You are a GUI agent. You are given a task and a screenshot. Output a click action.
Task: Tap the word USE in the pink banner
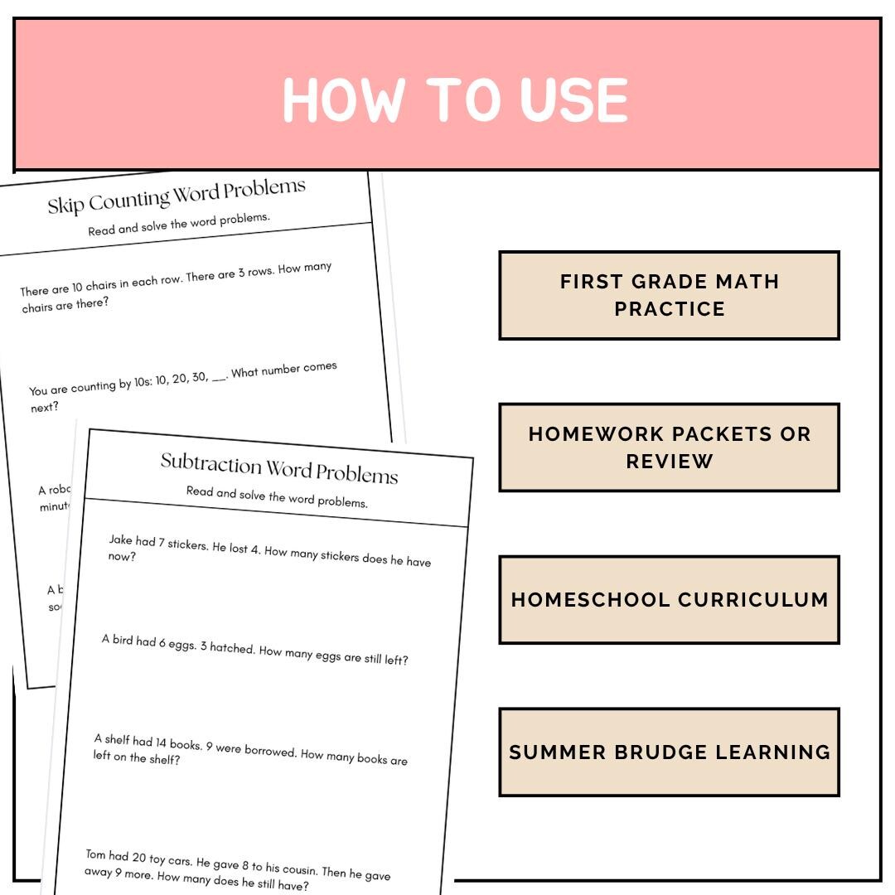coord(573,101)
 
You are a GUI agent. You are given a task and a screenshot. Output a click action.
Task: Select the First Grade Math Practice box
coord(669,295)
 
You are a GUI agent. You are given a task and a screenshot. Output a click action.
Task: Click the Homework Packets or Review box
coord(669,447)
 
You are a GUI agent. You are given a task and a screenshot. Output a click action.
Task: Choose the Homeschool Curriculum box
coord(669,600)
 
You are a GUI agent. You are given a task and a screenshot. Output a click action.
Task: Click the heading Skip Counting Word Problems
coord(177,197)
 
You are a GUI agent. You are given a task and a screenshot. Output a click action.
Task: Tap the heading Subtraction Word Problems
coord(279,468)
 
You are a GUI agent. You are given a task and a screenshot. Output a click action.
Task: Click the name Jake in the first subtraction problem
coord(121,540)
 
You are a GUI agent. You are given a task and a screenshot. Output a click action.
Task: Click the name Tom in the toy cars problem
coord(97,854)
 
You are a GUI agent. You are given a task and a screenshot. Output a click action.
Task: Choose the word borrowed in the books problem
coord(268,751)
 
